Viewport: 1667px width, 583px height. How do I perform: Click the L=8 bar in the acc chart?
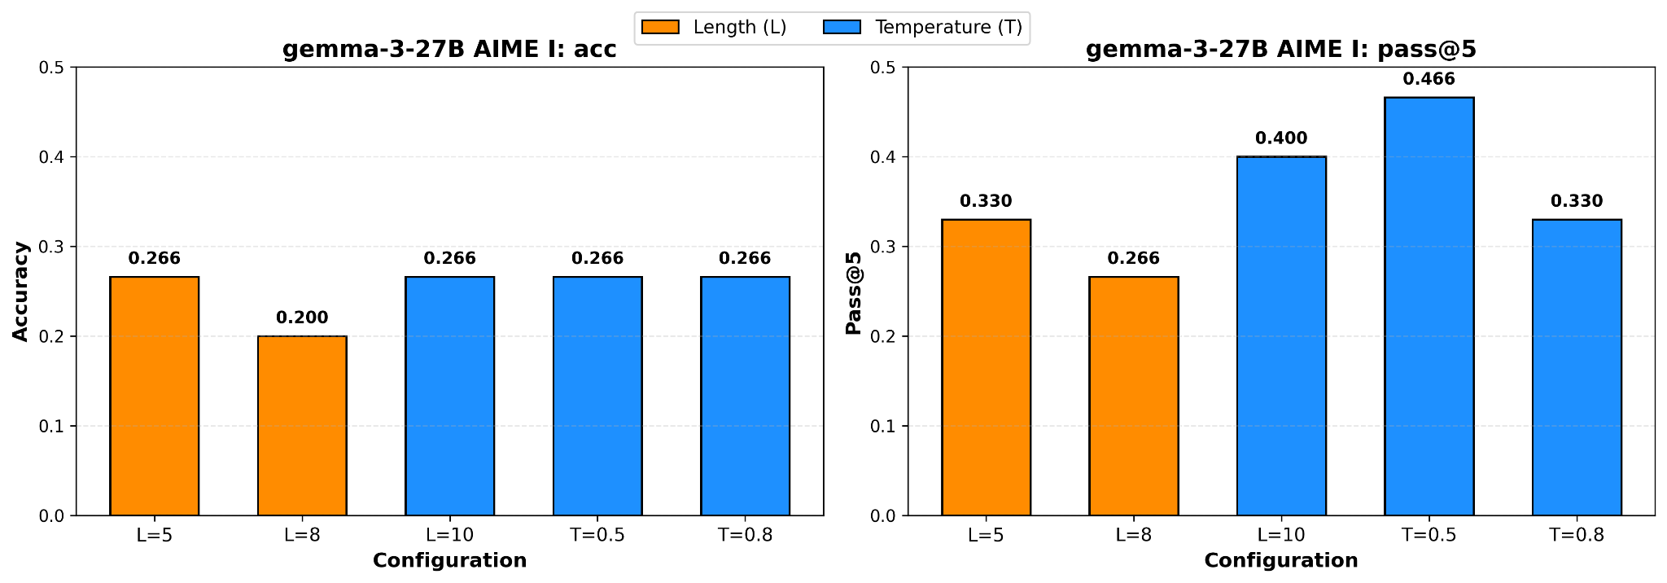(x=302, y=426)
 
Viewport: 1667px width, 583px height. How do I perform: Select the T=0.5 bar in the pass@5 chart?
(x=1429, y=307)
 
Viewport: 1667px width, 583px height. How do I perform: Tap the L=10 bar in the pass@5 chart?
(x=1281, y=336)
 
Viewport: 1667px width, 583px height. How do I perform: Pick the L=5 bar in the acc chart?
(x=155, y=397)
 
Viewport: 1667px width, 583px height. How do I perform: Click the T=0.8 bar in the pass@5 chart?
(x=1577, y=368)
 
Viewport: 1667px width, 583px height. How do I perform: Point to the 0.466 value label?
(x=1429, y=80)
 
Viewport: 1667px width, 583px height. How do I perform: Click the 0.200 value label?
(x=302, y=318)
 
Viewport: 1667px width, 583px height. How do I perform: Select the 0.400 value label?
(x=1281, y=138)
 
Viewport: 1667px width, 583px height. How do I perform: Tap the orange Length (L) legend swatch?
(x=660, y=28)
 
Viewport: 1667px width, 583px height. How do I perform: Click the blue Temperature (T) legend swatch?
(x=842, y=28)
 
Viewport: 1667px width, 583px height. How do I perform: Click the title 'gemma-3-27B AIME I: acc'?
(x=449, y=50)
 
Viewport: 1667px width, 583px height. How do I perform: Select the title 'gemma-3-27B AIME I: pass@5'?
(x=1281, y=50)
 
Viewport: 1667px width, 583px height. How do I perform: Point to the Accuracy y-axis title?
(x=21, y=291)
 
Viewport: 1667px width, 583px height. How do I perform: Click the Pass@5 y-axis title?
(x=853, y=291)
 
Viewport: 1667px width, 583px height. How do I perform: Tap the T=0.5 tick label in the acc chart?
(x=597, y=535)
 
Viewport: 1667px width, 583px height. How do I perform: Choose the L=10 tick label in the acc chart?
(x=449, y=535)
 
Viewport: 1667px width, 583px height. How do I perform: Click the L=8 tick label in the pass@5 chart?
(x=1133, y=535)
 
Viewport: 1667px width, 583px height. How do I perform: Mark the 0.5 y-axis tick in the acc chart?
(x=51, y=68)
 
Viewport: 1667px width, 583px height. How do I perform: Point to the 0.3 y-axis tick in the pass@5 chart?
(x=883, y=247)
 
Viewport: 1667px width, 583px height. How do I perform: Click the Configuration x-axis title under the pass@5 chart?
(x=1281, y=561)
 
